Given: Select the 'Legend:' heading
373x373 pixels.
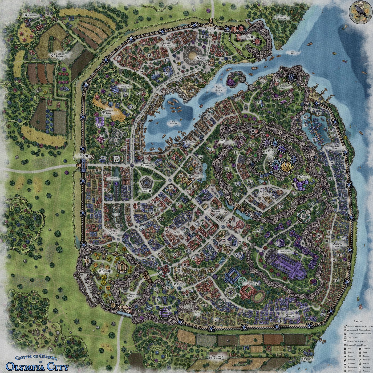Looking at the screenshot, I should [x=359, y=322].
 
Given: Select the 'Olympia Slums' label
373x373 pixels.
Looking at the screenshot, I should [x=337, y=245].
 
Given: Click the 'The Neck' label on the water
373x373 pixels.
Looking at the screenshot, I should [x=293, y=52].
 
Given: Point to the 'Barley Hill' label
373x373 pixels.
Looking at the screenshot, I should [x=109, y=112].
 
